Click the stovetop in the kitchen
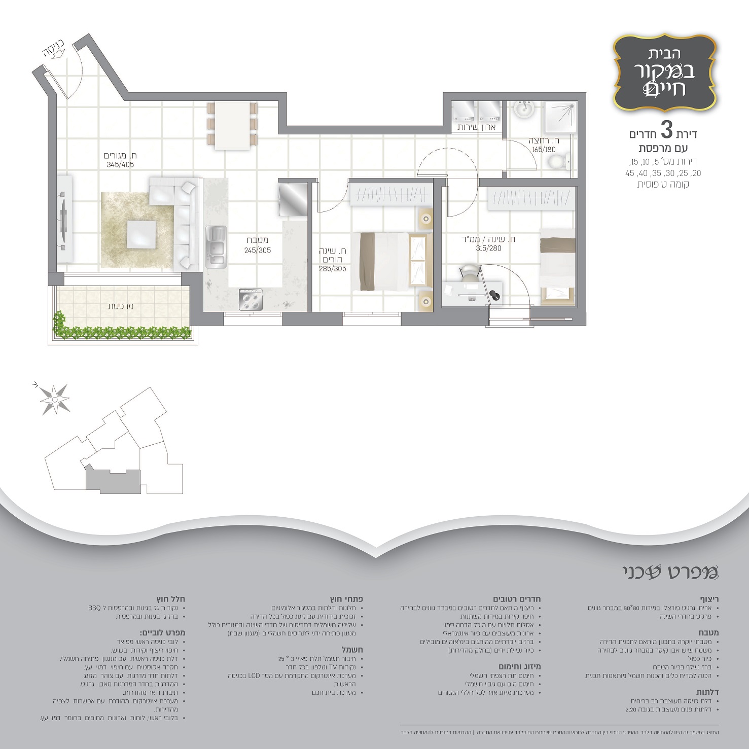251,299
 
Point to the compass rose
54,398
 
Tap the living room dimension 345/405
120,165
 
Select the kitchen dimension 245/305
257,250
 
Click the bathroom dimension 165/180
544,150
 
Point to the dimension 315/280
488,248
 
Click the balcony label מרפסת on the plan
121,306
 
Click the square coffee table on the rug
141,234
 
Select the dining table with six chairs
233,125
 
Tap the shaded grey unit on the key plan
112,479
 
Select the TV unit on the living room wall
64,219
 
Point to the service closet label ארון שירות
476,127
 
